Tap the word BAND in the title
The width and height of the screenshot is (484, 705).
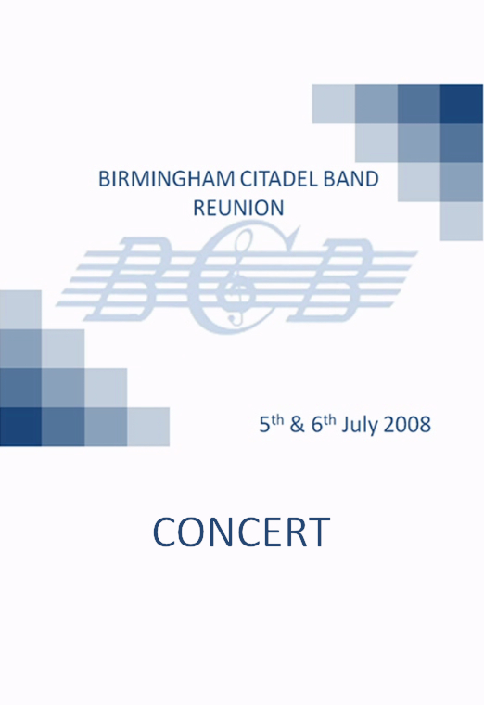point(347,179)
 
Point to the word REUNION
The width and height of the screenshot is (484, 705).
point(239,208)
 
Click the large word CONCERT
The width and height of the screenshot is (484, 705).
point(242,532)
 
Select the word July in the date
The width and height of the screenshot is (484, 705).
point(357,426)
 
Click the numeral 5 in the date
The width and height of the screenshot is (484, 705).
point(264,426)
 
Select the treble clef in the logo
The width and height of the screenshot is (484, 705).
point(238,277)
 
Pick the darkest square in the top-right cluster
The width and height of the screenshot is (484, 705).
point(462,104)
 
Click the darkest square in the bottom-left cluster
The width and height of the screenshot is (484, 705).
point(20,427)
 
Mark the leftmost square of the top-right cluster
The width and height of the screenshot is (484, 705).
point(334,104)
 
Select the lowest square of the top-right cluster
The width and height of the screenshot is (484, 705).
point(462,221)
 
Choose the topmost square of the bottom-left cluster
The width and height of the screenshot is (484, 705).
point(20,309)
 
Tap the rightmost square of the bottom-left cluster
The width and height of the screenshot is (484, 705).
point(148,427)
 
